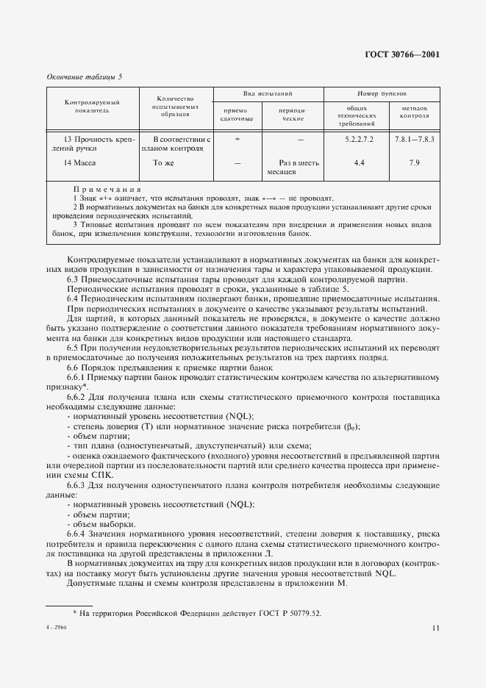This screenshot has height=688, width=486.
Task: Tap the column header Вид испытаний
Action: click(268, 95)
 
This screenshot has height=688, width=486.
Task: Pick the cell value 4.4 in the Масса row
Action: click(359, 162)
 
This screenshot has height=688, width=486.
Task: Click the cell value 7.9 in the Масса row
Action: click(414, 162)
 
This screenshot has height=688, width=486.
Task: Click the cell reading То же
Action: click(162, 162)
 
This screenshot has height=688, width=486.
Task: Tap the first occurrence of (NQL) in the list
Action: click(237, 415)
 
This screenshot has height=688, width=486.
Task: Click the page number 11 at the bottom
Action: click(436, 628)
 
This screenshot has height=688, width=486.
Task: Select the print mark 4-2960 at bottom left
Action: click(56, 628)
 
